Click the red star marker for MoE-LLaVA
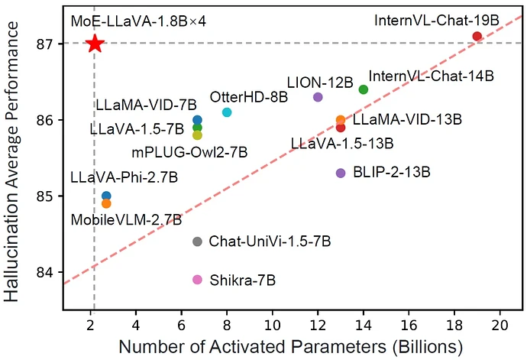[95, 44]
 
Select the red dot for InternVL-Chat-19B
[477, 36]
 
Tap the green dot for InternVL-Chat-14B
[364, 89]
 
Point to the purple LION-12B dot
[318, 97]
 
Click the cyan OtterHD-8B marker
[227, 112]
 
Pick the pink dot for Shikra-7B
[197, 280]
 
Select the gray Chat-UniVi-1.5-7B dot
[197, 242]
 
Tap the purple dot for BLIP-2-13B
[341, 174]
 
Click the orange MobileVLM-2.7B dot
[106, 204]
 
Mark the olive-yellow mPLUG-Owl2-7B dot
[197, 135]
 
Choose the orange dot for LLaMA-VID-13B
[341, 119]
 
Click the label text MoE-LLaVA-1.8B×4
[138, 22]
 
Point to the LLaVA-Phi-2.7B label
[124, 177]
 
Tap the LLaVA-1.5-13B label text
[342, 144]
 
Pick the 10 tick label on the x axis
[273, 325]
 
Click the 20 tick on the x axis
[500, 325]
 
